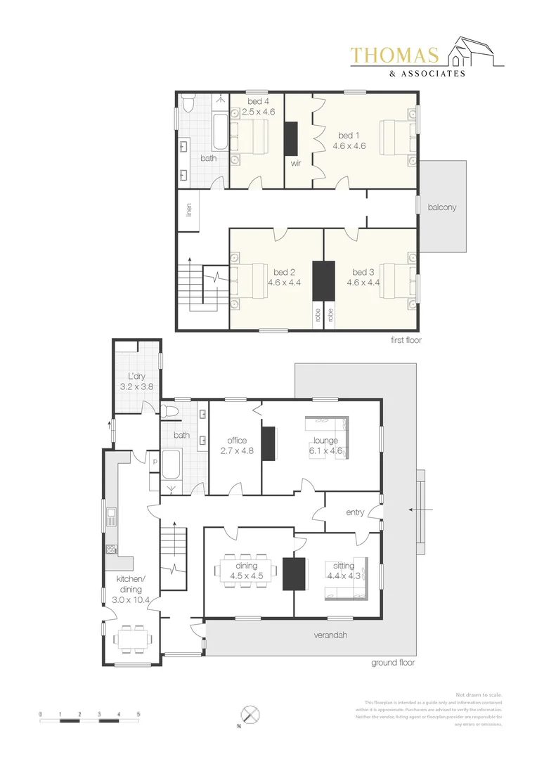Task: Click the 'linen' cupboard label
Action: point(189,209)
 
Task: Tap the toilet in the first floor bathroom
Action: point(188,105)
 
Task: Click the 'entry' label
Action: point(355,512)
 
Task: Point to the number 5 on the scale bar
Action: point(138,714)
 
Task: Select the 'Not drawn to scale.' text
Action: point(479,694)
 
